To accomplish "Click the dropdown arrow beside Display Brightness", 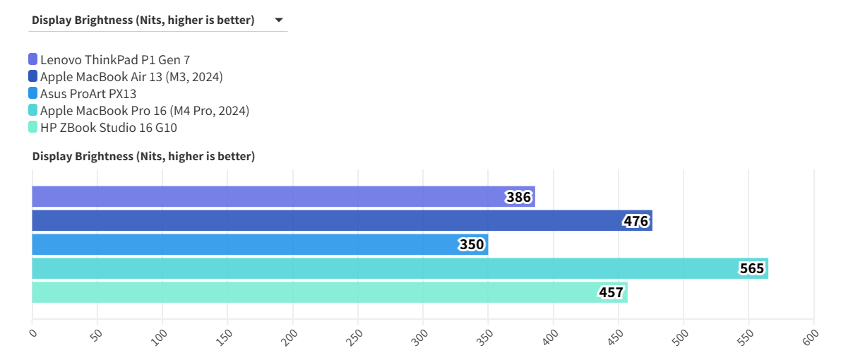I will click(x=279, y=20).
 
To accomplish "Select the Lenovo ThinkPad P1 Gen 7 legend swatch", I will click(x=33, y=60).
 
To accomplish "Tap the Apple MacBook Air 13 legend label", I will click(x=131, y=77).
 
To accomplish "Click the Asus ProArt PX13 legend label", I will click(x=88, y=94).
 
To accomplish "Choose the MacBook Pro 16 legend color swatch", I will click(x=33, y=111).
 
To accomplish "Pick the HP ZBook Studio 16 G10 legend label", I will click(x=108, y=128).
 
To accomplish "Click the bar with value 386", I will click(x=268, y=197).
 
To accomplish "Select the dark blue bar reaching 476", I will click(x=325, y=221).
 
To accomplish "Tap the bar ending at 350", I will click(x=240, y=245).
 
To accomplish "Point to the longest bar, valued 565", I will click(x=381, y=269).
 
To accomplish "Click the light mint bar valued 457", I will click(x=311, y=293).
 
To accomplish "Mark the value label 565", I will click(x=751, y=269).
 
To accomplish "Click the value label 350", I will click(x=472, y=245).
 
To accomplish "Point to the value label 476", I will click(x=636, y=221).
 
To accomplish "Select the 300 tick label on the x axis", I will click(x=420, y=336).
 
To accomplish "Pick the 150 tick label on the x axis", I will click(x=225, y=336).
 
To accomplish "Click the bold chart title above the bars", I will click(x=143, y=157).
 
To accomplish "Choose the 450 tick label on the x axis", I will click(x=616, y=336).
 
